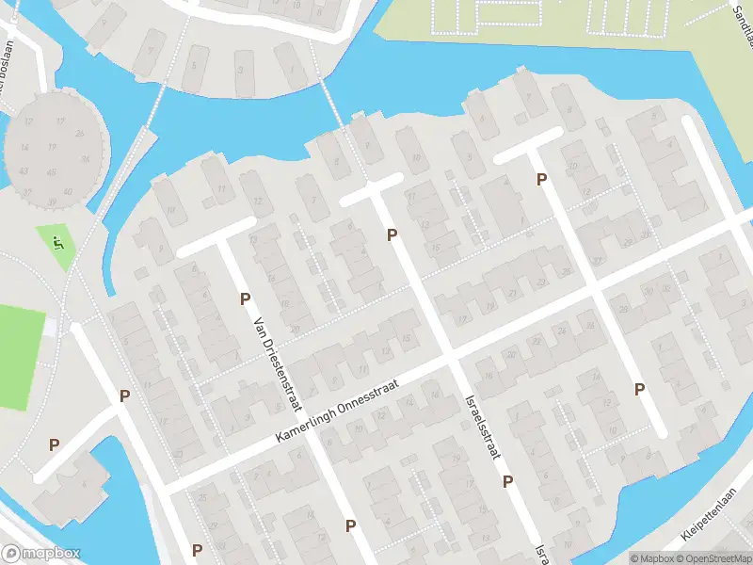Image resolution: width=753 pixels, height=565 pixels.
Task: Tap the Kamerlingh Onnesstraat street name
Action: click(338, 412)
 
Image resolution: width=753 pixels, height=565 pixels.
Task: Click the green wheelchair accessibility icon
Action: click(58, 243)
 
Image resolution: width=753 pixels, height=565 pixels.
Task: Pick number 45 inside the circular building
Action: click(51, 172)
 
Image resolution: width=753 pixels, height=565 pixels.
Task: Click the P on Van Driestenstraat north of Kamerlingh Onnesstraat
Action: click(245, 299)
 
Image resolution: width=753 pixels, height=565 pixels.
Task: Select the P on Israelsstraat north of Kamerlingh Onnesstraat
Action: click(392, 234)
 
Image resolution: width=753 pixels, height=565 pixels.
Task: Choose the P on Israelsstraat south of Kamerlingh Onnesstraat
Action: click(507, 481)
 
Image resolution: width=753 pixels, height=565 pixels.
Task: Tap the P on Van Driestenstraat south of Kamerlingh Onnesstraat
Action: click(350, 525)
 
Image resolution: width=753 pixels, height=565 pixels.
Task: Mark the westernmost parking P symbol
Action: click(54, 444)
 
